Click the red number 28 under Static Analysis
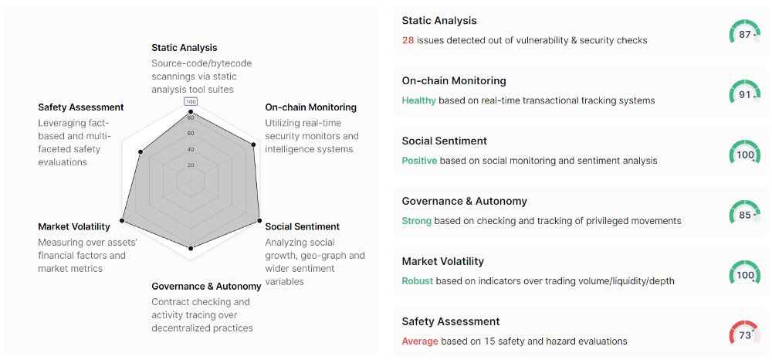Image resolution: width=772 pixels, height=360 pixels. click(x=408, y=40)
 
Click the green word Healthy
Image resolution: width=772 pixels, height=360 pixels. click(x=419, y=100)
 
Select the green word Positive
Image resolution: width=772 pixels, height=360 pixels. click(x=419, y=161)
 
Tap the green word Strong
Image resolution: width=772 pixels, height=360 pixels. click(x=417, y=221)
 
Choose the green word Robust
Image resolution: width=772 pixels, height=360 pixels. click(x=418, y=281)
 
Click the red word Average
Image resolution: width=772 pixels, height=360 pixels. click(x=420, y=341)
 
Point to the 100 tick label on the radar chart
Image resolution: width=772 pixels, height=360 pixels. click(x=191, y=102)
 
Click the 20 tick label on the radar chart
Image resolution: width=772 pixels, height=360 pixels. click(x=191, y=165)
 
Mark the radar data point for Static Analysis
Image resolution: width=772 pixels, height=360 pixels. click(x=191, y=114)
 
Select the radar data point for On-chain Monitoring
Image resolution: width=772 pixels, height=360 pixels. click(x=253, y=144)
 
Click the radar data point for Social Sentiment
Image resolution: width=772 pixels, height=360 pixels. click(x=259, y=221)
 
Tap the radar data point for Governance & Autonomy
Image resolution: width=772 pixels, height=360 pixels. click(x=191, y=249)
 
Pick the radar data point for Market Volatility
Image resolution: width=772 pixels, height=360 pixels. click(x=122, y=221)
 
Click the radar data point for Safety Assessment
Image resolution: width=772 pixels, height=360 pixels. click(x=141, y=152)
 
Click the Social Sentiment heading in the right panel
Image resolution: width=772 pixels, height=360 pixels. click(x=444, y=141)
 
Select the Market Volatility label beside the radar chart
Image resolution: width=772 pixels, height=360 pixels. click(x=74, y=226)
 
